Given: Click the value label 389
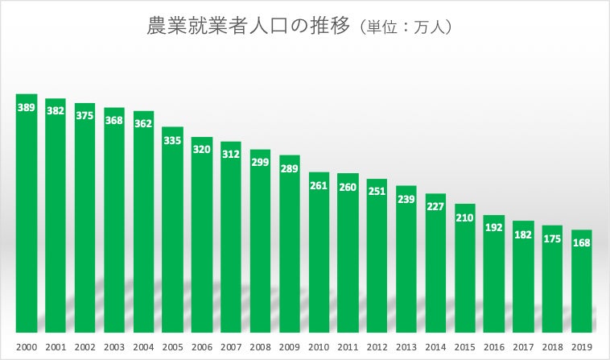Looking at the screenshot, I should (27, 106).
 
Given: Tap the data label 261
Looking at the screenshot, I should (319, 185).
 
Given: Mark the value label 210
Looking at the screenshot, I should (465, 217).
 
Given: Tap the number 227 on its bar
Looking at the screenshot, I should (435, 206).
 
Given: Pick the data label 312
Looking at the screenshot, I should (231, 154).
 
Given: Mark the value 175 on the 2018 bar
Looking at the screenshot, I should (553, 238).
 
